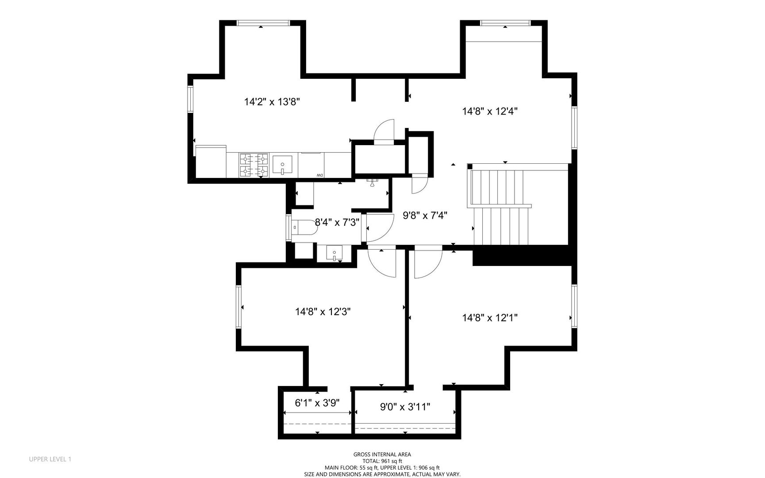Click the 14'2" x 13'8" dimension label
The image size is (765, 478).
point(272,102)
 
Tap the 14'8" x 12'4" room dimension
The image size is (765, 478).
point(490,111)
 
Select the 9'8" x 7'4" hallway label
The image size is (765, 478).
point(425,216)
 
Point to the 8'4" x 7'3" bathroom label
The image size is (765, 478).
point(337,222)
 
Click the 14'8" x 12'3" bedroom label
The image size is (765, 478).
point(323,312)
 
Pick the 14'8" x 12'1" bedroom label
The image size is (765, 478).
point(490,317)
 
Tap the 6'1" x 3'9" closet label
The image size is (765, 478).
point(317,403)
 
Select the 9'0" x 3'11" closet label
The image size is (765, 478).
point(405,407)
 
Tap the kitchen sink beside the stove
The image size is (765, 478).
point(282,165)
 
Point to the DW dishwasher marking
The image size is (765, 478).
point(319,176)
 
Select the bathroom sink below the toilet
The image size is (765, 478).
point(334,254)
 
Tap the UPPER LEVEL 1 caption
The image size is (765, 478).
point(50,459)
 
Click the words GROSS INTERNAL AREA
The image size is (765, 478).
point(382,454)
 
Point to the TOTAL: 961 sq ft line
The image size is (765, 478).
point(382,461)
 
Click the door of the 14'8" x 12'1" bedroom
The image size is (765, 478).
point(428,264)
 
